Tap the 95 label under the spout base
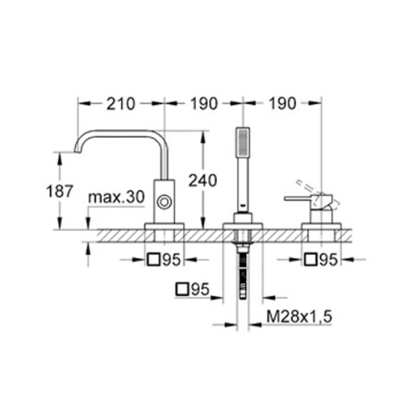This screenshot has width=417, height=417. click(x=171, y=260)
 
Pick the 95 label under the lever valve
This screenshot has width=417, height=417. click(x=329, y=260)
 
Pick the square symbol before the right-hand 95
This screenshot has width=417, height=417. click(x=310, y=260)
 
